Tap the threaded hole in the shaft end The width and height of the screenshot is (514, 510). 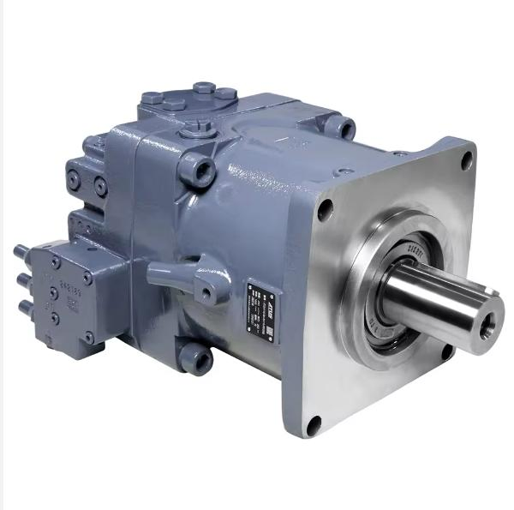tap(489, 324)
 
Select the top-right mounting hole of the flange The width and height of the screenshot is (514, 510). tap(467, 159)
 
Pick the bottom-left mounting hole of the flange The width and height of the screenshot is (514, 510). tap(314, 423)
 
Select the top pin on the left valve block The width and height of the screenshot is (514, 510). tap(21, 252)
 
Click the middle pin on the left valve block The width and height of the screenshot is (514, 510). tap(24, 280)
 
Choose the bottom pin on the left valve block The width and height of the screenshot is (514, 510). tap(27, 307)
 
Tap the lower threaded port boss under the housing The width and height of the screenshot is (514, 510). tap(196, 358)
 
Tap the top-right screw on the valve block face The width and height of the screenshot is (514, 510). tap(87, 278)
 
